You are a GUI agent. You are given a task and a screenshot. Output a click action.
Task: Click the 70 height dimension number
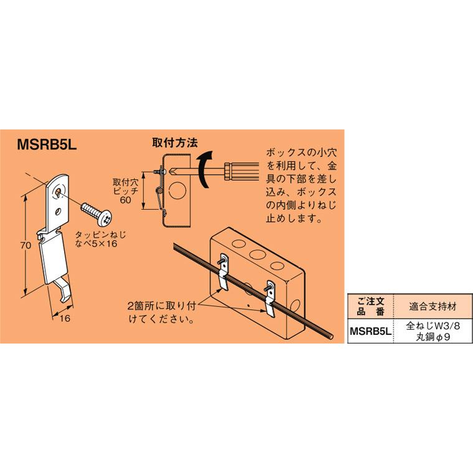pos(25,246)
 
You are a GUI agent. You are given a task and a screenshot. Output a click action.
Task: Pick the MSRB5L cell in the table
pos(370,332)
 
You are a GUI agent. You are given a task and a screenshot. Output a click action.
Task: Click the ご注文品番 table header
pos(370,307)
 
